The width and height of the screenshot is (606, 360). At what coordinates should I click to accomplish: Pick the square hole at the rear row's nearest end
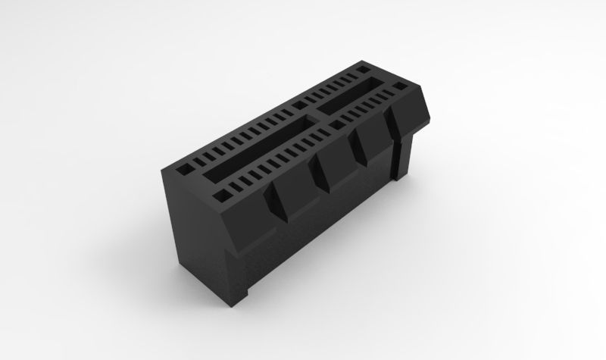click(184, 163)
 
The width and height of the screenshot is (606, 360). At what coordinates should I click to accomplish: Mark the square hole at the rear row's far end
click(361, 70)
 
